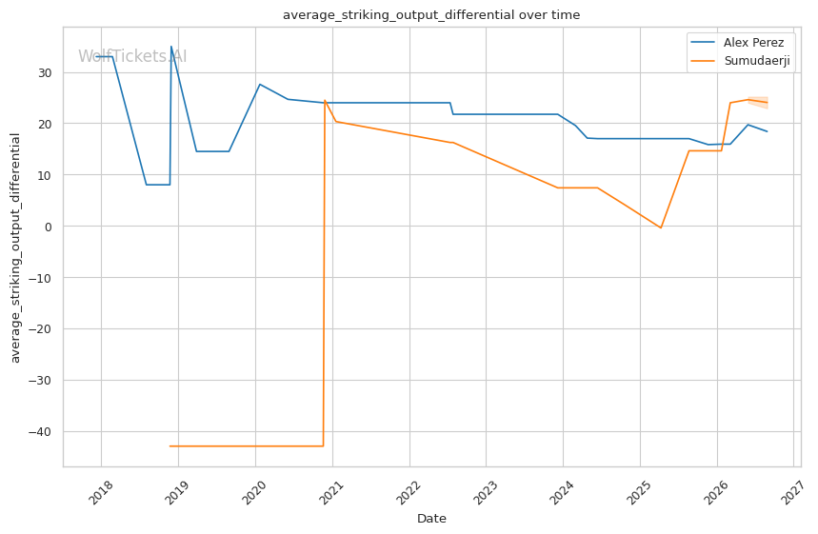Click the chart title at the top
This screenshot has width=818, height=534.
tap(431, 14)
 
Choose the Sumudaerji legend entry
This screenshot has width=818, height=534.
tap(740, 61)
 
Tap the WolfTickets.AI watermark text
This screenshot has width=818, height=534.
tap(132, 56)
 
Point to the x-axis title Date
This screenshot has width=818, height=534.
tap(431, 519)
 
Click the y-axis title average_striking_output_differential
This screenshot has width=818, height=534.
tap(15, 247)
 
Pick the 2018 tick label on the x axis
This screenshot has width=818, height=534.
tap(101, 492)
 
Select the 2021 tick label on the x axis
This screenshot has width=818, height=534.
tap(331, 492)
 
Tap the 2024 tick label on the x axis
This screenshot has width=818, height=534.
tap(563, 492)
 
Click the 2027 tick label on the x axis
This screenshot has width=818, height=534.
tap(793, 492)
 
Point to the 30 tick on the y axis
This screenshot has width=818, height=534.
tap(45, 72)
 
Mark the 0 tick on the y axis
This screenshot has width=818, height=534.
tap(49, 227)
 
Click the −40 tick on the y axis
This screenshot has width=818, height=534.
tap(40, 432)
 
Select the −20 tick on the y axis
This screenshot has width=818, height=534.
tap(40, 329)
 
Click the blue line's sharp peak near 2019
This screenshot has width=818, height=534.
tap(171, 47)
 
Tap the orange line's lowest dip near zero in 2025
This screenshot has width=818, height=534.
tap(661, 227)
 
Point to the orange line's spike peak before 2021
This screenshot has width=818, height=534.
tap(325, 100)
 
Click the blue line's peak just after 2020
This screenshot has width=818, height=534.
tap(260, 84)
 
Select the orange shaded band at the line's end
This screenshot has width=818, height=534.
tap(758, 102)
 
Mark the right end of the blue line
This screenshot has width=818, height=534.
tap(767, 131)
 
